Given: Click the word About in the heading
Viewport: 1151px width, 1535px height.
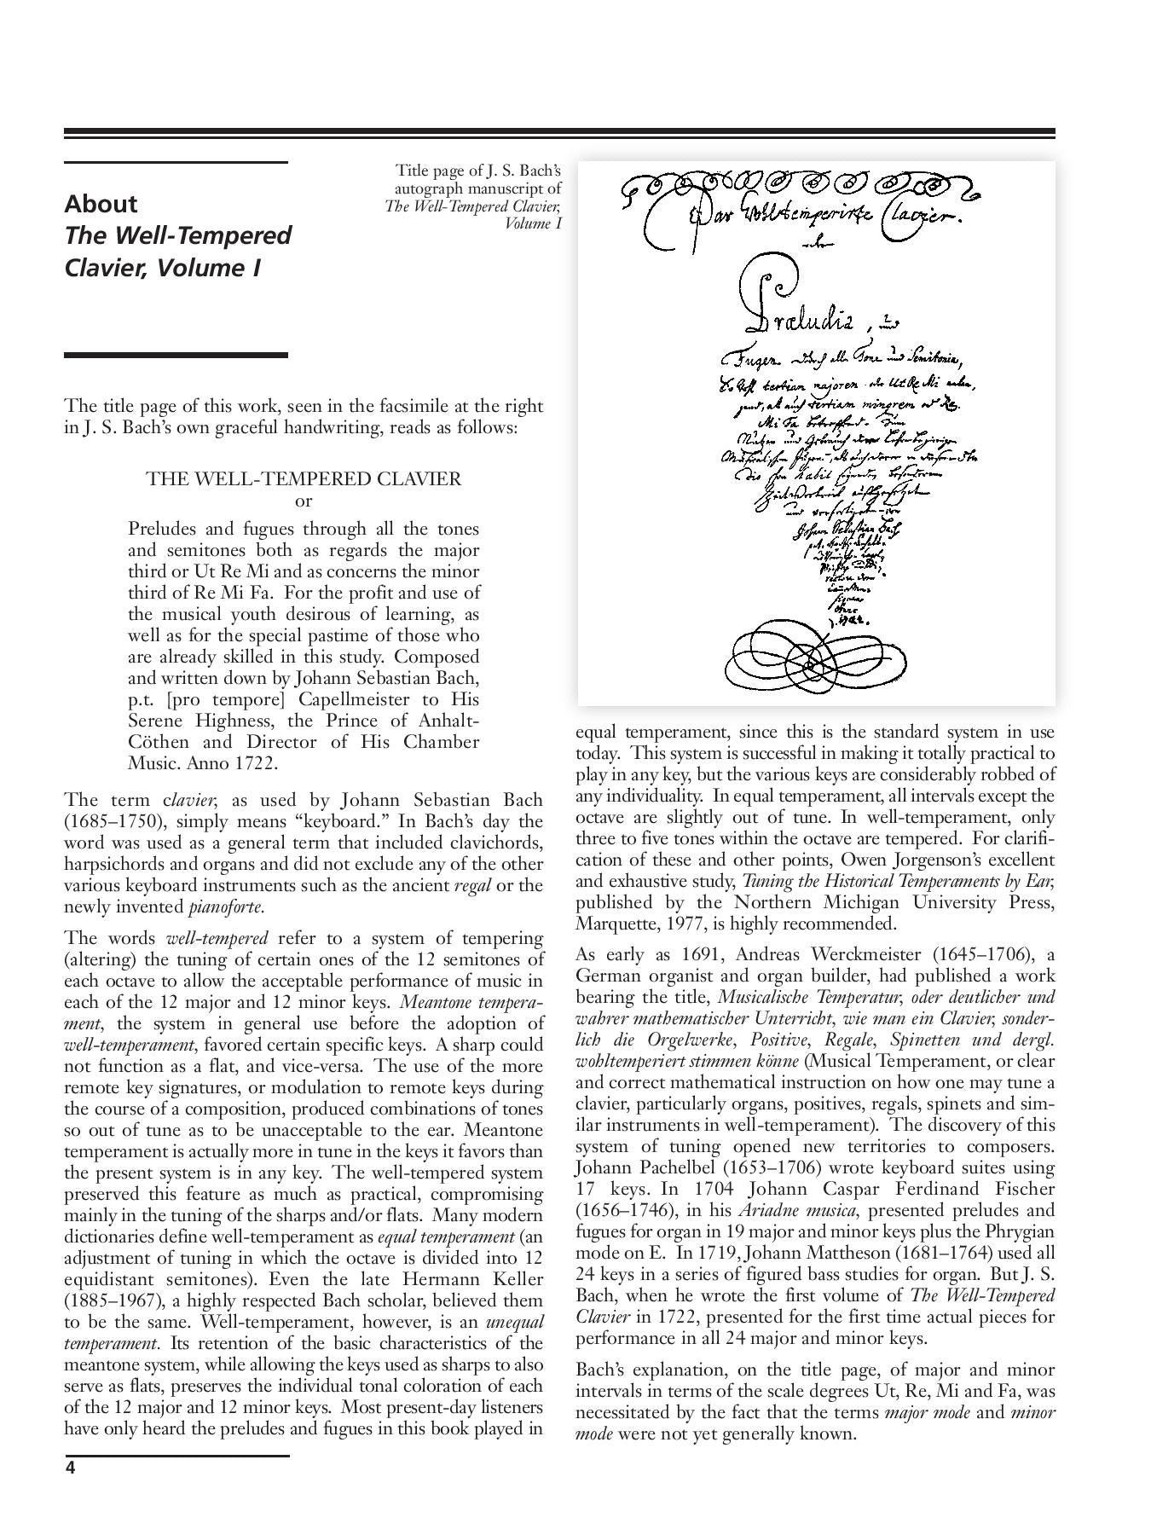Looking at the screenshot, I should (101, 204).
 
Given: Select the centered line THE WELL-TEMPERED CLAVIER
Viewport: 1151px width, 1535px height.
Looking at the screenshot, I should (304, 478).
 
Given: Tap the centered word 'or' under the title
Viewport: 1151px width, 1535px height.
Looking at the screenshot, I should (304, 501).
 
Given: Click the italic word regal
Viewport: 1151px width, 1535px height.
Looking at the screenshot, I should (473, 885).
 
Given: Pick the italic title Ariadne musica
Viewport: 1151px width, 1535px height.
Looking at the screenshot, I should (790, 1210).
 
